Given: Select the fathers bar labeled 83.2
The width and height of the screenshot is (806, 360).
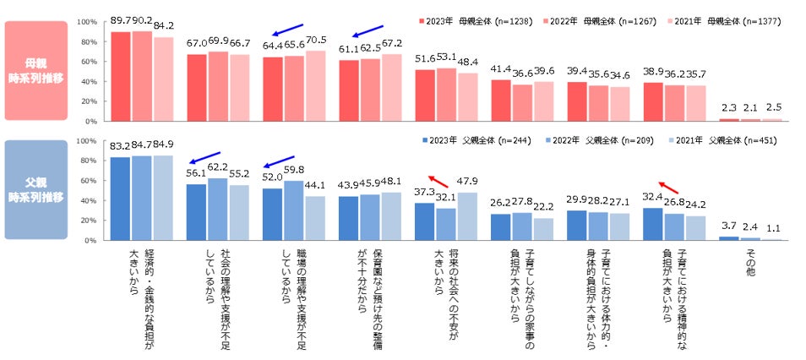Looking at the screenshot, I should (x=121, y=199).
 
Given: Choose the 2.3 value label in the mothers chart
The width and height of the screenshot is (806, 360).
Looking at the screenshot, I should (x=728, y=107).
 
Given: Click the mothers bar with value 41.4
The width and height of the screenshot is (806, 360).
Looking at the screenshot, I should (x=501, y=101).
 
